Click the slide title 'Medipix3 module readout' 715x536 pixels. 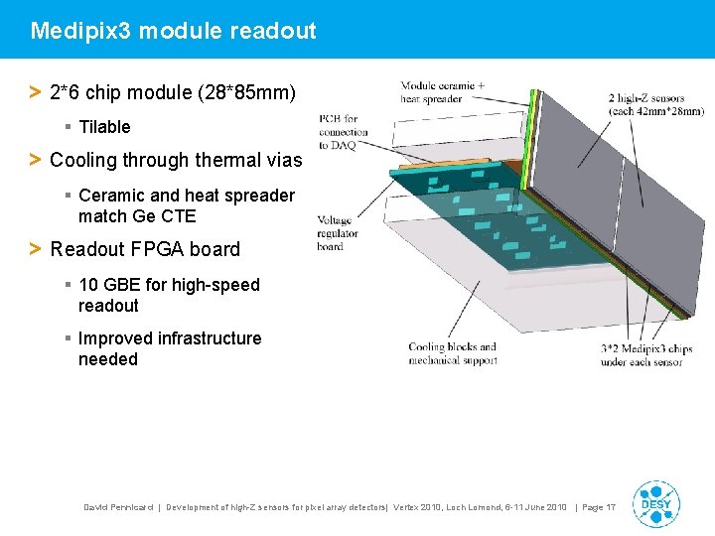(x=173, y=31)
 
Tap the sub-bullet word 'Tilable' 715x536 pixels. (x=104, y=127)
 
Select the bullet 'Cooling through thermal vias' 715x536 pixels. (x=175, y=160)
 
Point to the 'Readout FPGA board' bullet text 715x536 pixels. (x=144, y=249)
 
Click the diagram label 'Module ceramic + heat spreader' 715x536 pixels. (x=442, y=92)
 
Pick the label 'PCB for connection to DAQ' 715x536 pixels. (x=344, y=132)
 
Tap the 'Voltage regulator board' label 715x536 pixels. (x=337, y=232)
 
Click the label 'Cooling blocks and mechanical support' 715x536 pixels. (x=452, y=353)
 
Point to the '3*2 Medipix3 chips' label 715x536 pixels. (x=645, y=355)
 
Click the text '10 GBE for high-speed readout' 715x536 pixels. (x=169, y=295)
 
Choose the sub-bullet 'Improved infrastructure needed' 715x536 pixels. (x=170, y=348)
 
